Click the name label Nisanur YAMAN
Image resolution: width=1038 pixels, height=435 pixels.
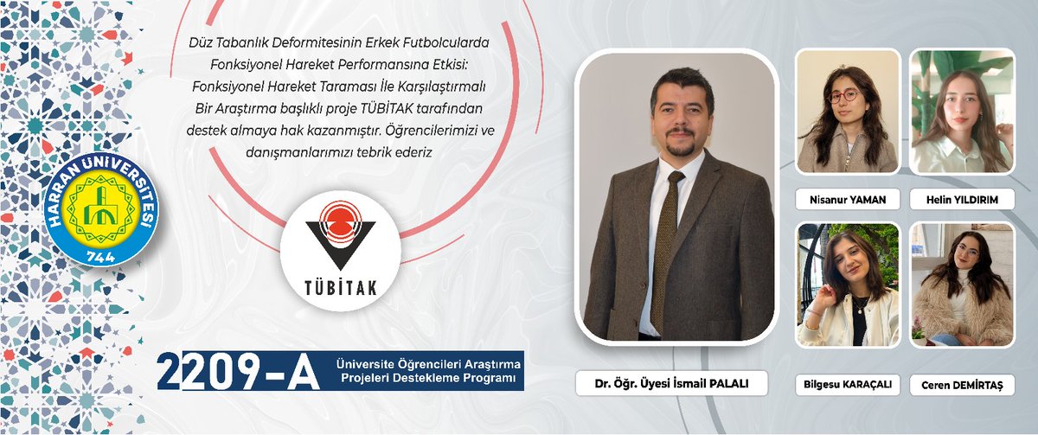click(848, 200)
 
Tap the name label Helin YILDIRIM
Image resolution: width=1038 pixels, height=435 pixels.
click(962, 200)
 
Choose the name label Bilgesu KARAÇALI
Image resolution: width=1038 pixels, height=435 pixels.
click(848, 385)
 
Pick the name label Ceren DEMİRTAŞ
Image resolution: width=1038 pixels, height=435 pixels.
click(962, 385)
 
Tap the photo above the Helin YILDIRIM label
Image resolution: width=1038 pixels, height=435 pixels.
click(962, 111)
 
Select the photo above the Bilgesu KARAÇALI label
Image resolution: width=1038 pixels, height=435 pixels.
click(848, 285)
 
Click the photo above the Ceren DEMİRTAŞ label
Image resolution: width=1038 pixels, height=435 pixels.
click(962, 285)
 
